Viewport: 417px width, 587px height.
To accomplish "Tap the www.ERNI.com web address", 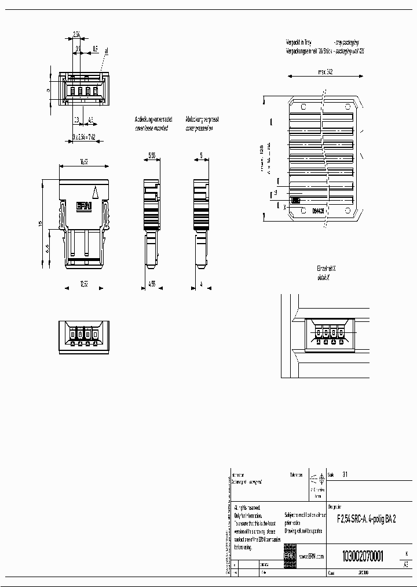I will tap(311, 556).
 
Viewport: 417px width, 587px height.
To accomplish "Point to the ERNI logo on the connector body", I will tap(84, 206).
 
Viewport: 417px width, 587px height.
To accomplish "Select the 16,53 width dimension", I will tap(84, 163).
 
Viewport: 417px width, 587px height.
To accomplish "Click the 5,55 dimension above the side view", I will tap(151, 156).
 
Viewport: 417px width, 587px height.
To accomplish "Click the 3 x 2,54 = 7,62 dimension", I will tap(84, 136).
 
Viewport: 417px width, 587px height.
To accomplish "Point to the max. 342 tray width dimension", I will tap(325, 72).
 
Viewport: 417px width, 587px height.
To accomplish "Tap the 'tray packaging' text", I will tap(346, 42).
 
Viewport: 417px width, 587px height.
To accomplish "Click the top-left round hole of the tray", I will tap(302, 106).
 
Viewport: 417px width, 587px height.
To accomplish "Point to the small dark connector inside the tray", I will tap(296, 200).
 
